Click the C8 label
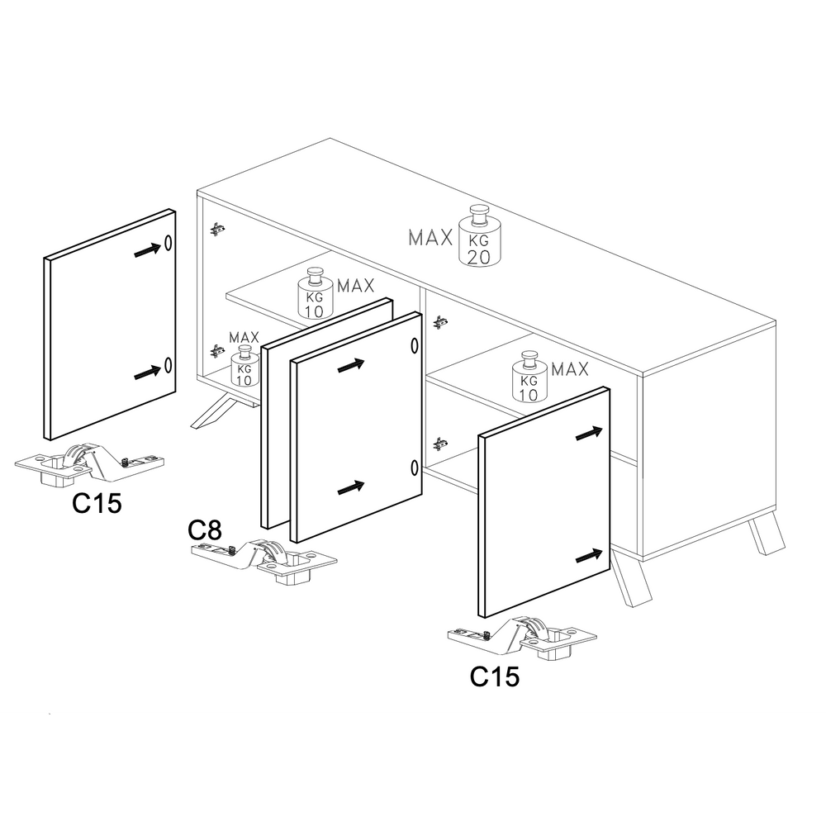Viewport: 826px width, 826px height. [205, 530]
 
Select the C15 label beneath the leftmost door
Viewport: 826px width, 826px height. [97, 503]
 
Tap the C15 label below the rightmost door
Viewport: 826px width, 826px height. [495, 677]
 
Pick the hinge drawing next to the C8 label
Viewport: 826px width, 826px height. [264, 561]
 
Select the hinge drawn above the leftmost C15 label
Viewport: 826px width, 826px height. [89, 463]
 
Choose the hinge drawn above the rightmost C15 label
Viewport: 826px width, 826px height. [522, 638]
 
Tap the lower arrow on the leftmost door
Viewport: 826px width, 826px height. [148, 372]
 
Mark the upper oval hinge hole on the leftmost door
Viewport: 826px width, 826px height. [168, 242]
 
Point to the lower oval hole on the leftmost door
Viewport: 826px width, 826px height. [168, 364]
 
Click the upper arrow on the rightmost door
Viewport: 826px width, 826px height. [589, 434]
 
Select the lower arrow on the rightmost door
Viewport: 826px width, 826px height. [589, 556]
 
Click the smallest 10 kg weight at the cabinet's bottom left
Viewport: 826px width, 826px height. [244, 366]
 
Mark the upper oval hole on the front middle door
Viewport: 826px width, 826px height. [415, 345]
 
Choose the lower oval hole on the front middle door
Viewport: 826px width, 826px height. [415, 468]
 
